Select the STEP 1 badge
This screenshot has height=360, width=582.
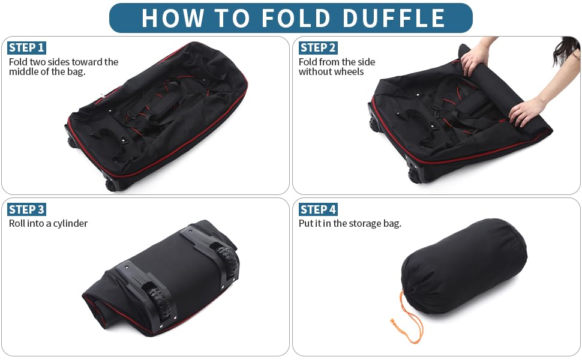click(x=26, y=47)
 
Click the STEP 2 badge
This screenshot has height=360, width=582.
click(x=318, y=47)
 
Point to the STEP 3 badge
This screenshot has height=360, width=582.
click(x=26, y=209)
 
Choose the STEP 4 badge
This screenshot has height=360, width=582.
click(x=318, y=209)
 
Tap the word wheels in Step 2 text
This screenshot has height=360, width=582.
click(x=349, y=72)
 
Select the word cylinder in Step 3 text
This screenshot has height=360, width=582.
click(x=69, y=224)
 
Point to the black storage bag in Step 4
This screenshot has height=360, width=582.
click(x=462, y=264)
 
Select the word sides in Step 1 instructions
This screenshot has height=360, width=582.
click(x=57, y=62)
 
